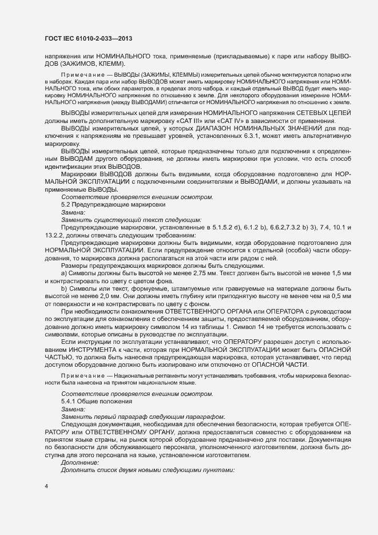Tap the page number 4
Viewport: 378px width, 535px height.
click(x=46, y=487)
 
